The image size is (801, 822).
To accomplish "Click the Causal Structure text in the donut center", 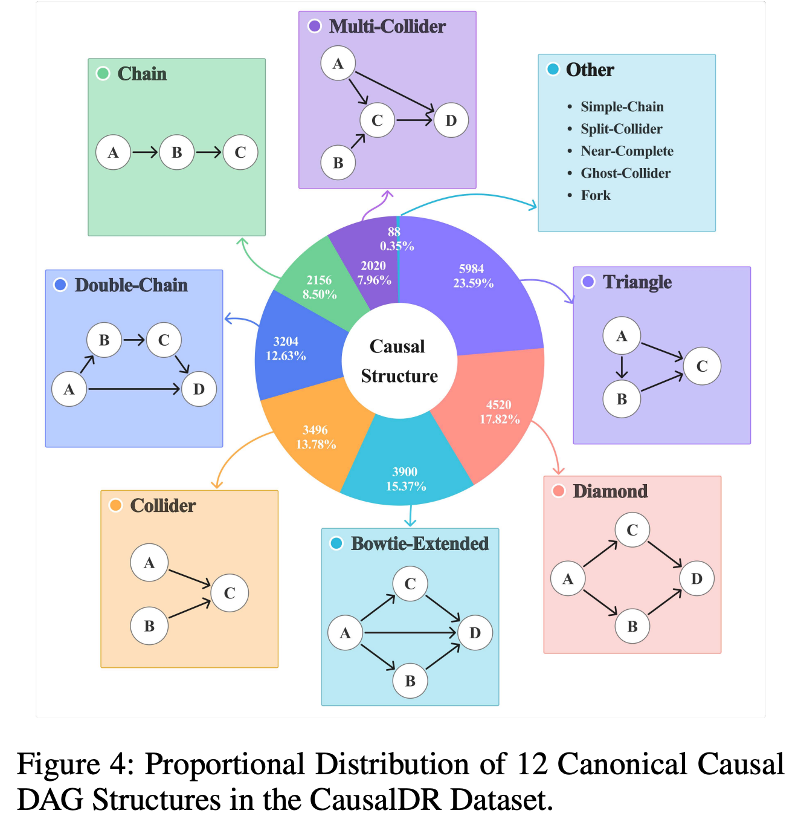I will (x=399, y=361).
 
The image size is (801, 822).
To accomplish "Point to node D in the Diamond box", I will (x=696, y=578).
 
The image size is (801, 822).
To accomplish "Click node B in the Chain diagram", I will (x=176, y=152).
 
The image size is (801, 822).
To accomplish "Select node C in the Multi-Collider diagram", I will (x=377, y=120).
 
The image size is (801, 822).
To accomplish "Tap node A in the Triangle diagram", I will (x=621, y=335).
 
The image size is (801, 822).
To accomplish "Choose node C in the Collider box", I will (x=230, y=593).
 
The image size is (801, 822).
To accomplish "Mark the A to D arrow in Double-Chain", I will (x=134, y=389).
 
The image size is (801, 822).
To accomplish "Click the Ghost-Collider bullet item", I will (x=625, y=173).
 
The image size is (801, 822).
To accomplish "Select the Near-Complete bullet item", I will (x=626, y=151).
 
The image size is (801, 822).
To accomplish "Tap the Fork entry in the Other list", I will (x=596, y=195).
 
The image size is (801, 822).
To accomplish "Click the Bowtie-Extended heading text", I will (x=420, y=543).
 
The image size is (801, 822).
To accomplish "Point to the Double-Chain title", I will (x=131, y=285).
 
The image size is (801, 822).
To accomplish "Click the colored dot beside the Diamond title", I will (x=559, y=491).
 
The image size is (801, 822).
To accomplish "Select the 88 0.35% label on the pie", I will (x=396, y=239).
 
